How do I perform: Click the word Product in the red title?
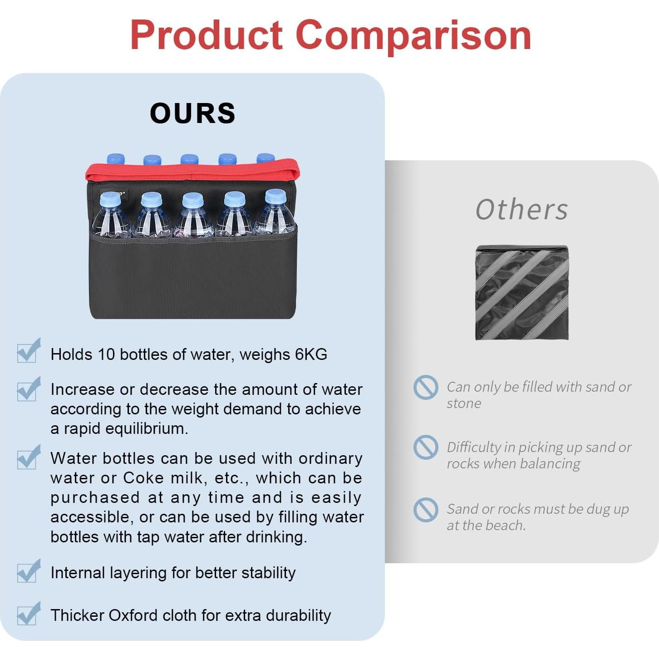tap(207, 35)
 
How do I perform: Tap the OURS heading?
tap(192, 113)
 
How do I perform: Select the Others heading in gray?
tap(521, 209)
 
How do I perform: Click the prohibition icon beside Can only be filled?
tap(425, 387)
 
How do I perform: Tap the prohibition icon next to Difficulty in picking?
tap(425, 448)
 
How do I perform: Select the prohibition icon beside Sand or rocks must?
tap(425, 510)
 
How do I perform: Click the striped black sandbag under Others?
tap(522, 292)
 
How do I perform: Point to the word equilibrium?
tap(147, 428)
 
